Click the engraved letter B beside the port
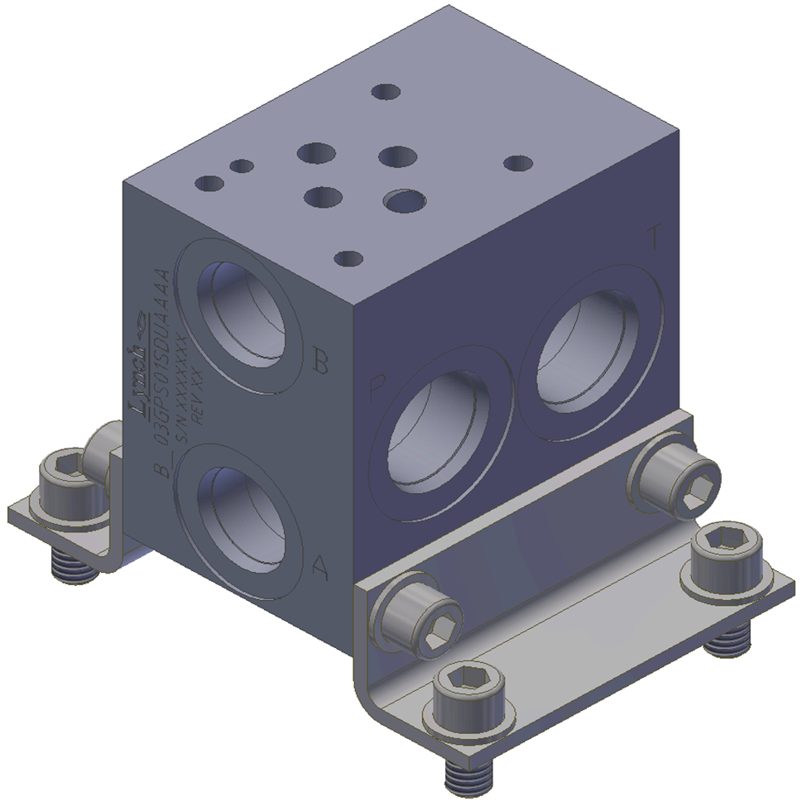coord(320,362)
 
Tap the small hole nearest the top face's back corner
coord(386,91)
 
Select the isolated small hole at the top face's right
coord(518,162)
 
